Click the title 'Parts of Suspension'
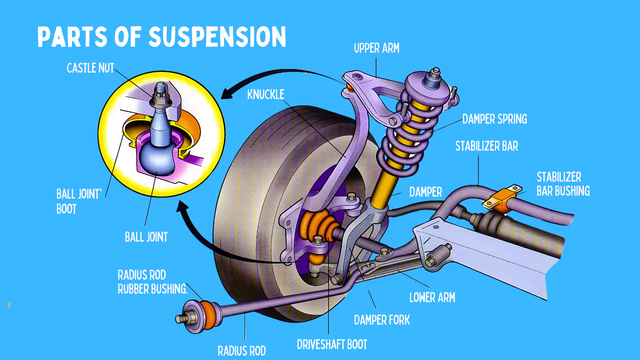[161, 37]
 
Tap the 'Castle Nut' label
[90, 68]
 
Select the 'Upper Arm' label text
[376, 48]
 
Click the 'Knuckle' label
[265, 94]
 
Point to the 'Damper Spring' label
[494, 119]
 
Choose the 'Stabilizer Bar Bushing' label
[563, 184]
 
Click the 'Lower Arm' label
[432, 297]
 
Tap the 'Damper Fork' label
[381, 320]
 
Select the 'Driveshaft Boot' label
[332, 344]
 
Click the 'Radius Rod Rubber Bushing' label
[152, 282]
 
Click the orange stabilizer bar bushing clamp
[503, 198]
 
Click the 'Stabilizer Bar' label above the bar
[486, 146]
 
